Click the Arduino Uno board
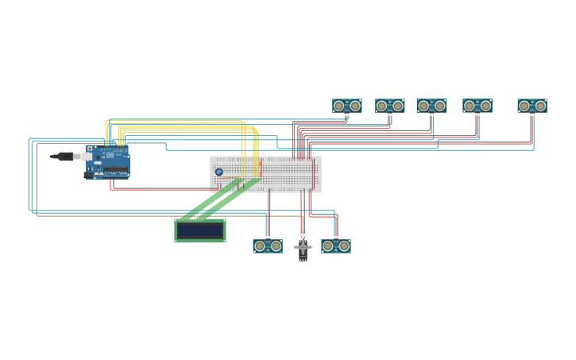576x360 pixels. click(108, 161)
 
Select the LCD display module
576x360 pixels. click(200, 230)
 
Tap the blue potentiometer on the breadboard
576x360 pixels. click(219, 172)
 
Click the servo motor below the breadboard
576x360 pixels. click(303, 248)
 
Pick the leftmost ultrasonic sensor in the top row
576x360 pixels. click(347, 106)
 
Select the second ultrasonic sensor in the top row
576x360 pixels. click(390, 106)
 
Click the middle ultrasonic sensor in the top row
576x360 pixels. click(432, 106)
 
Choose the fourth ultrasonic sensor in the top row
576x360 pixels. click(477, 106)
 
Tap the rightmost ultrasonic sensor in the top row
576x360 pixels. click(532, 106)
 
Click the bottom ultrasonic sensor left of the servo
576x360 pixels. click(268, 246)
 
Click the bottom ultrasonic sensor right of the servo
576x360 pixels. click(336, 246)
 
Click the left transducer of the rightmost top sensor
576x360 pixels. click(524, 106)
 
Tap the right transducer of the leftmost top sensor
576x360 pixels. click(355, 106)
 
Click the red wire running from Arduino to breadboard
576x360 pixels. click(159, 189)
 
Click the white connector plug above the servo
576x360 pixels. click(303, 234)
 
